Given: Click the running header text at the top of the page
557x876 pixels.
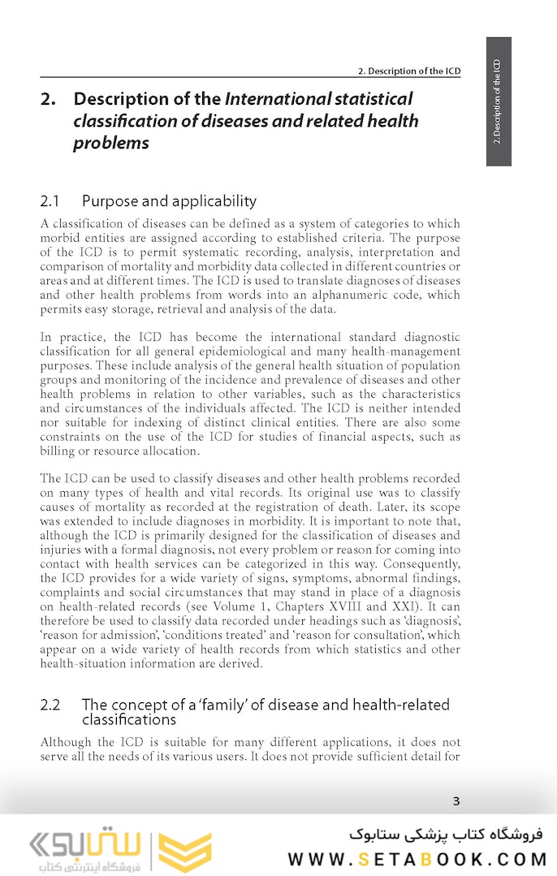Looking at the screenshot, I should click(x=409, y=71).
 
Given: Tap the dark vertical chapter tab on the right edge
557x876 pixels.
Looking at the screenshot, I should click(x=499, y=101).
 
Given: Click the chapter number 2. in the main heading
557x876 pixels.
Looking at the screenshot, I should click(x=49, y=100).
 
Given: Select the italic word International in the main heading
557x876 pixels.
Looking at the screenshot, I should click(x=276, y=100).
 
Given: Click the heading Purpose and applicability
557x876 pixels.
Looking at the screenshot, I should click(x=169, y=201).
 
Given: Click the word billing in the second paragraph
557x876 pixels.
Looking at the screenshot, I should click(x=59, y=451).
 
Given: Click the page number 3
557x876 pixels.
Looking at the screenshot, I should click(x=456, y=801).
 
